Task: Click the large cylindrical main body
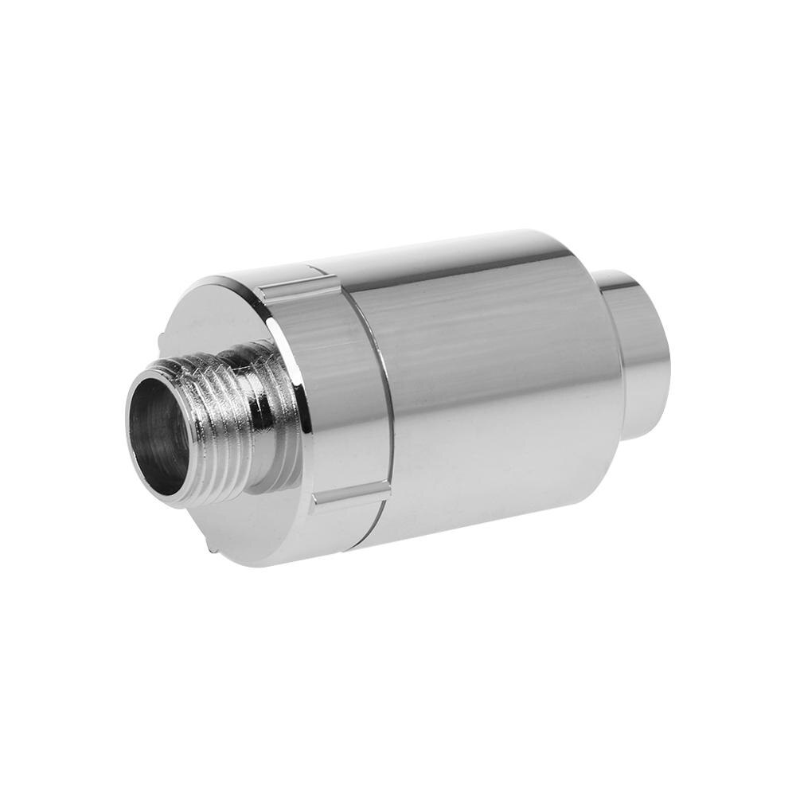click(494, 398)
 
